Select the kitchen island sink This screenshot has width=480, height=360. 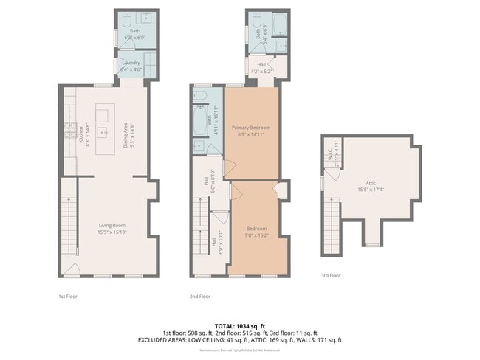click(102, 116)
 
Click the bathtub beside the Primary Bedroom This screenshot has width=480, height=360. click(199, 122)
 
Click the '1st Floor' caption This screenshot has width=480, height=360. click(66, 296)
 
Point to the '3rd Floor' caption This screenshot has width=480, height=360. click(330, 275)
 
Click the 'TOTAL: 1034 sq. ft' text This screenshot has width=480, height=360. click(240, 325)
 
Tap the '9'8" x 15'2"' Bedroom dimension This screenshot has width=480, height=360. click(256, 236)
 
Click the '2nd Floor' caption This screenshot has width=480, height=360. click(199, 296)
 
